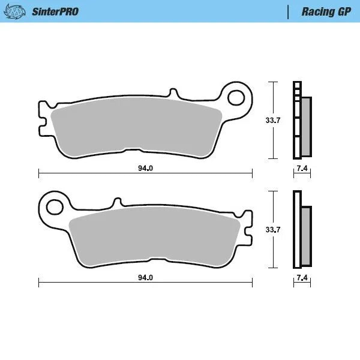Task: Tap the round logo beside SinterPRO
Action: point(18,11)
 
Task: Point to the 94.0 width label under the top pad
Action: point(145,169)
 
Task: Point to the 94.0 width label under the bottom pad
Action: point(145,278)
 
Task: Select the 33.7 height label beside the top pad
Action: point(273,121)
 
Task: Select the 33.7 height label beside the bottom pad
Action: point(273,229)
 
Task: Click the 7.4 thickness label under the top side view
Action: point(302,169)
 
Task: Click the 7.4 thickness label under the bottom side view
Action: point(302,278)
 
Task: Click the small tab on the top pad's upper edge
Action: point(175,94)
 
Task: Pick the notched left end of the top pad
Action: point(42,118)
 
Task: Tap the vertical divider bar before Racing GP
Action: point(289,11)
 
